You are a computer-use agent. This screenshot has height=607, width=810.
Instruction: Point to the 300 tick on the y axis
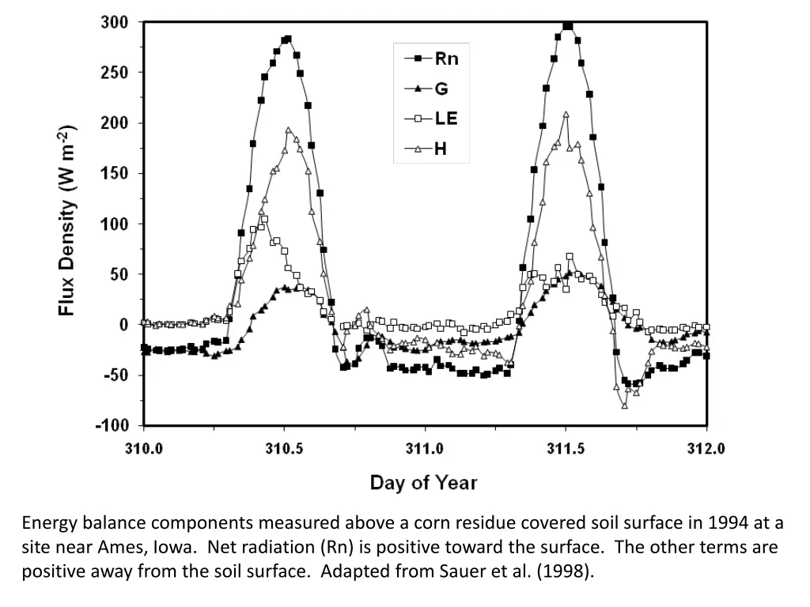113,22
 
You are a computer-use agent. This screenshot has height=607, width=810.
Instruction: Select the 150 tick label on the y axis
113,174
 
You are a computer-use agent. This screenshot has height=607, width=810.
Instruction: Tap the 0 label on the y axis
123,325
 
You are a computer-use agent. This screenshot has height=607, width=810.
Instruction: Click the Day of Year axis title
424,481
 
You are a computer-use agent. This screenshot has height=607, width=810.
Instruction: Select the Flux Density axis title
69,221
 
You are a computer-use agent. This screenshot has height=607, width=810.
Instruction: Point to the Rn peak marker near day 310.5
288,39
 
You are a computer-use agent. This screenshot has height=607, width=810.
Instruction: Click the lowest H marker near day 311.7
625,405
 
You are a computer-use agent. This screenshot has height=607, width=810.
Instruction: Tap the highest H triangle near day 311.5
566,115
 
